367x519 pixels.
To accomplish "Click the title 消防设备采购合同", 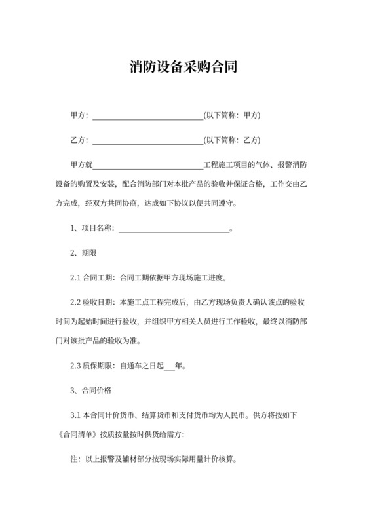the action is tap(183, 67).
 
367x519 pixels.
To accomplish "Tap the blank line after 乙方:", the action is tap(148, 140).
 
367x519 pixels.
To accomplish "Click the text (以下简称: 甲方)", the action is tap(233, 116).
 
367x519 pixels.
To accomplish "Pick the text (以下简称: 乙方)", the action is tap(233, 140).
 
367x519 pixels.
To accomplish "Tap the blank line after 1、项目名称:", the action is tap(174, 230).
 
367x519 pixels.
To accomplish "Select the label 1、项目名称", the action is tap(92, 229).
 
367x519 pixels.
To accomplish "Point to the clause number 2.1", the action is tap(75, 277).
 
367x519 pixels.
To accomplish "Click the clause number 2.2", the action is tap(75, 302).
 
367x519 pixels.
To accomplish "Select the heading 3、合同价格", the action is tap(91, 390).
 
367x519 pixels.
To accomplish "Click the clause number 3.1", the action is tap(75, 415).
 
